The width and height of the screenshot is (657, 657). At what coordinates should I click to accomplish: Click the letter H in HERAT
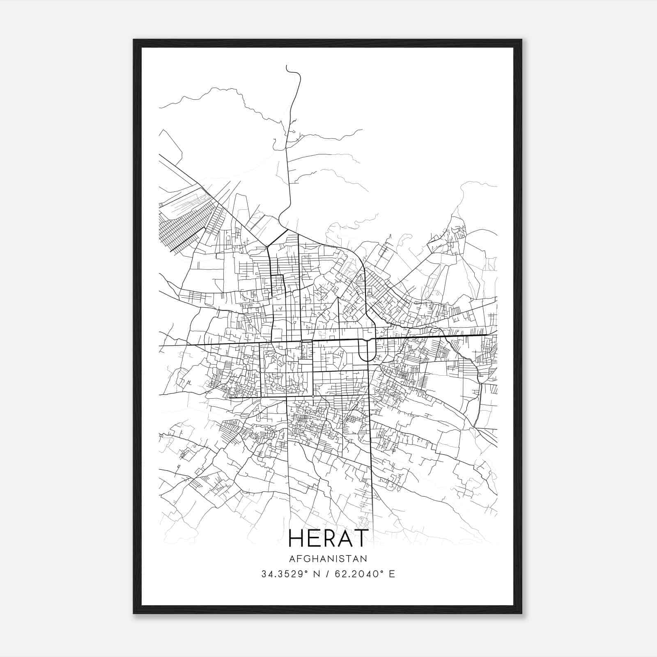click(x=296, y=538)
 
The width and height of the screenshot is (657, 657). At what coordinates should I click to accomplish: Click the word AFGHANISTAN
click(x=328, y=558)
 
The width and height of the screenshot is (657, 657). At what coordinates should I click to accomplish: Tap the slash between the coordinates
click(x=327, y=574)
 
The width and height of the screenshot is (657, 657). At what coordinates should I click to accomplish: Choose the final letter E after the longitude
click(x=392, y=574)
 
